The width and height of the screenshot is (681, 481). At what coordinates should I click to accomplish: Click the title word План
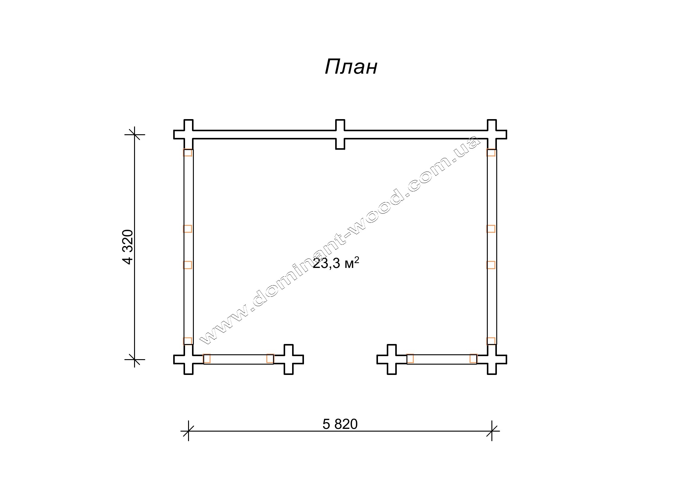point(351,67)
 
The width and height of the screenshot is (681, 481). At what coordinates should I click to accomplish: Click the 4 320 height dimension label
point(128,247)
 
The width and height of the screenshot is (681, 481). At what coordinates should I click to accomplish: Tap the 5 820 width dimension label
point(340,424)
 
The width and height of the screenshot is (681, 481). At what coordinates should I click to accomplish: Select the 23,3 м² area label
point(336,263)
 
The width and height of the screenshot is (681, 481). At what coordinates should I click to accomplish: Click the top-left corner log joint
point(188,134)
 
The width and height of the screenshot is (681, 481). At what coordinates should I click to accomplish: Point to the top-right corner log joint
point(492,134)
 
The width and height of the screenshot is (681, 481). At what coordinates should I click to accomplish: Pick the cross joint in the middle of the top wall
point(340,134)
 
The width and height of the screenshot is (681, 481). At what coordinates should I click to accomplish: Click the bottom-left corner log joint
point(188,359)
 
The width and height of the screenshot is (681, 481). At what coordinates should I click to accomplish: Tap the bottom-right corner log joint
point(492,359)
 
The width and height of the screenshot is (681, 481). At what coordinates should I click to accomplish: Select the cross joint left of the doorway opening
point(288,359)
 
